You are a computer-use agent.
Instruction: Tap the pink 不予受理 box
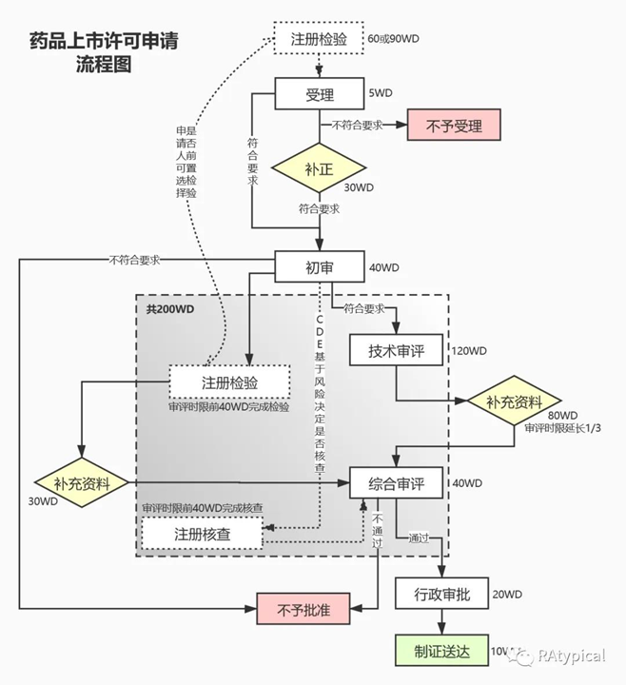[x=454, y=125]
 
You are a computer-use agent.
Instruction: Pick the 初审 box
[x=320, y=267]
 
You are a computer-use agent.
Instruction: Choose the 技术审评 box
[x=397, y=351]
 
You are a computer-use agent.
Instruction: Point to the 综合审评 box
[x=397, y=483]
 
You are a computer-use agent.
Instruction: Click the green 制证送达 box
[x=440, y=652]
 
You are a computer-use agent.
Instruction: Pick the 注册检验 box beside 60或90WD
[x=319, y=39]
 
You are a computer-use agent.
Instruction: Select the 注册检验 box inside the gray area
[x=229, y=382]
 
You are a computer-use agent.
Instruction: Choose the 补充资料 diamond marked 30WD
[x=80, y=483]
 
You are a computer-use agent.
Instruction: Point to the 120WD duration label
[x=471, y=351]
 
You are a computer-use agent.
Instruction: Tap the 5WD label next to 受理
[x=381, y=92]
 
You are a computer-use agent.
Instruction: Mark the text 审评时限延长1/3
[x=562, y=428]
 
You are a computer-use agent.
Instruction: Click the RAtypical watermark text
[x=573, y=656]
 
